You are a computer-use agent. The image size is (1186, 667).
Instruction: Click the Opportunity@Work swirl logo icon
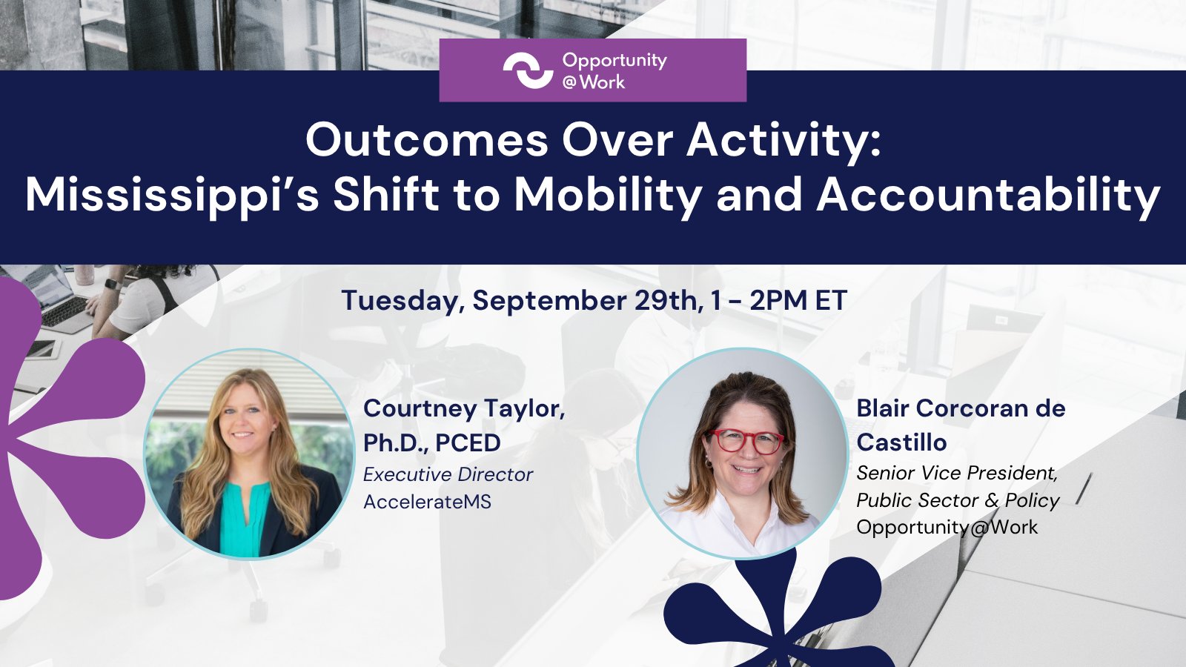[x=528, y=70]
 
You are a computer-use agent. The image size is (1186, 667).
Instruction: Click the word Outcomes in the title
[x=427, y=140]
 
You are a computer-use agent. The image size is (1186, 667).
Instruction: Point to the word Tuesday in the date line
[x=402, y=302]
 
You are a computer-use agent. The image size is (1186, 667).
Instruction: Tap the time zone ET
[x=831, y=301]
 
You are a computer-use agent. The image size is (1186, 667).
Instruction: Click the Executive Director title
[x=448, y=475]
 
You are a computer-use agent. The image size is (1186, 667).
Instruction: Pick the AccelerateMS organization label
[x=427, y=502]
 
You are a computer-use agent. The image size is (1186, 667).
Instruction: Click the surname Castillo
[x=901, y=442]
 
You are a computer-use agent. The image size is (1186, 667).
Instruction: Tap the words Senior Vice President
[x=957, y=474]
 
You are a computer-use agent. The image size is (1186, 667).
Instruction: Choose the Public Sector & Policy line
[x=958, y=500]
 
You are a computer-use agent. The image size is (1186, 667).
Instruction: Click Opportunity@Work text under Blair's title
[x=947, y=528]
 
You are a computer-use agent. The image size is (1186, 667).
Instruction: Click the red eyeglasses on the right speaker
[x=746, y=441]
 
